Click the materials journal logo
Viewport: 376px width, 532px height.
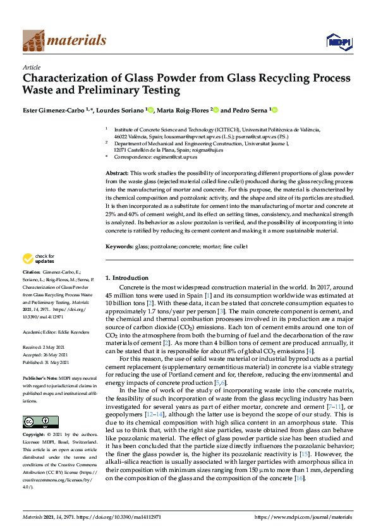(64, 41)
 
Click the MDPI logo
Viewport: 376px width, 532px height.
(336, 42)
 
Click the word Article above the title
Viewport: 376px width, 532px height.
(32, 67)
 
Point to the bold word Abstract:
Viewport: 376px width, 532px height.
(117, 172)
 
